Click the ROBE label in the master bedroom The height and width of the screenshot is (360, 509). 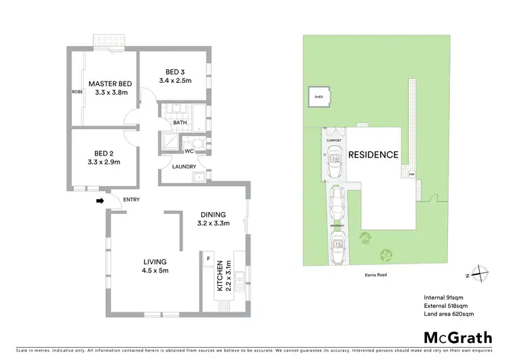(77, 91)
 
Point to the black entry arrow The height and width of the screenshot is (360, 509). (100, 201)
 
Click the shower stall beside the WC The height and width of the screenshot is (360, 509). (168, 142)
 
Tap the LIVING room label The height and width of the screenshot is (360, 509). (155, 262)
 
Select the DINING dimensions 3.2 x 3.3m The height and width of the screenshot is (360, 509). (214, 223)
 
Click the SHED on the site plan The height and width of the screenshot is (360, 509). (318, 97)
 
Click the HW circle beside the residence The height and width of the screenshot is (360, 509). (411, 175)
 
